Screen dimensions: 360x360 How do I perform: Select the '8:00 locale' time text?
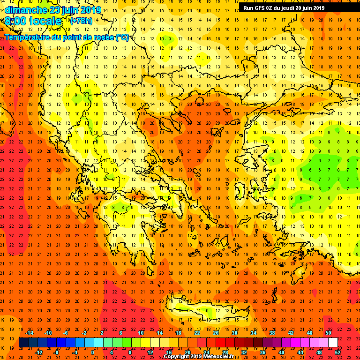tap(34, 21)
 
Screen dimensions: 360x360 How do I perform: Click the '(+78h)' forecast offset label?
tap(81, 21)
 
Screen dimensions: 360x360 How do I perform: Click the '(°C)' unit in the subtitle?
tap(122, 37)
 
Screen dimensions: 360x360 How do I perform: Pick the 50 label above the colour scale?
tap(329, 333)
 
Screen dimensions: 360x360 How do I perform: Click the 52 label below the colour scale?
tap(338, 352)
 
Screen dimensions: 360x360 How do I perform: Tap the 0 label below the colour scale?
tap(93, 352)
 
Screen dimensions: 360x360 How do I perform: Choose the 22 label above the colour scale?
tap(197, 333)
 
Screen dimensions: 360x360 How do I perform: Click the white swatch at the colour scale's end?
tap(333, 343)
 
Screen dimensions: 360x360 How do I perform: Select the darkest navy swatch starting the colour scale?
tap(23, 343)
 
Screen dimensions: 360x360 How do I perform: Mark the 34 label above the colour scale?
tap(254, 333)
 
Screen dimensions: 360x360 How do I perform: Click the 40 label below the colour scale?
tap(282, 352)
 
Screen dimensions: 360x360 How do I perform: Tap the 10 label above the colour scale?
tap(141, 333)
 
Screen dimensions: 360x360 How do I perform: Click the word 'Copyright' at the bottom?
tap(177, 356)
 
